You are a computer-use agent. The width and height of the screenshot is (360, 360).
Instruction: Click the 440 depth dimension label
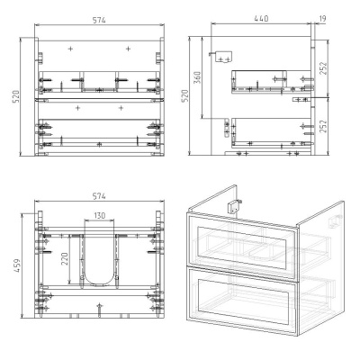coord(261,19)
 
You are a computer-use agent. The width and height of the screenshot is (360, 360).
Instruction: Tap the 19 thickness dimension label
coord(322,19)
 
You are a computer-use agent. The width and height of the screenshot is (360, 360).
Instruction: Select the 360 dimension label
coord(197,77)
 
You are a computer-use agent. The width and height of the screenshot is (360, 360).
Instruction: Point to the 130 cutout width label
coord(100,215)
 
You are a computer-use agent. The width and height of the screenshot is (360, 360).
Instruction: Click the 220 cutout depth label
coord(65,259)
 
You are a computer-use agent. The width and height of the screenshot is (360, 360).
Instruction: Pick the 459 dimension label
coord(17,265)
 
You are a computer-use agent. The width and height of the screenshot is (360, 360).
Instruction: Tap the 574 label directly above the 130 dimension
coord(99,196)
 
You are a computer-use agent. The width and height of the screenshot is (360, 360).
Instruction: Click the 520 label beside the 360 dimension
coord(185,95)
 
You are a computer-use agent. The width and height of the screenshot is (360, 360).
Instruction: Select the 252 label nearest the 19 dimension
coord(323,68)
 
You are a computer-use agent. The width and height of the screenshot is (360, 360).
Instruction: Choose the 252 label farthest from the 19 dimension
coord(323,127)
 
